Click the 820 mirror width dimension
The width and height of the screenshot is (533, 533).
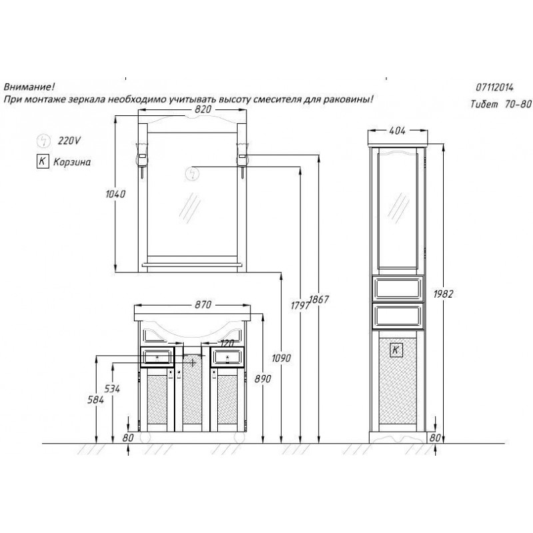[x=203, y=109]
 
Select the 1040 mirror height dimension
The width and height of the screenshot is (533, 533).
[x=115, y=194]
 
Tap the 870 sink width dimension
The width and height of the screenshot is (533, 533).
[x=203, y=304]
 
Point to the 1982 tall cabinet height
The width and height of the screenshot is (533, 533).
[x=443, y=294]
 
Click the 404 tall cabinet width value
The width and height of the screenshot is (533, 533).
[x=397, y=131]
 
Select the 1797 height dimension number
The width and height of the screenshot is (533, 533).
[x=300, y=305]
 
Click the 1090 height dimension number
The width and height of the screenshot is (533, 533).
[x=281, y=358]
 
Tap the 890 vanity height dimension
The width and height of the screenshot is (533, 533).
[x=263, y=378]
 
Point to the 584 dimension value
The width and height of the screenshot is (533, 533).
[x=95, y=400]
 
